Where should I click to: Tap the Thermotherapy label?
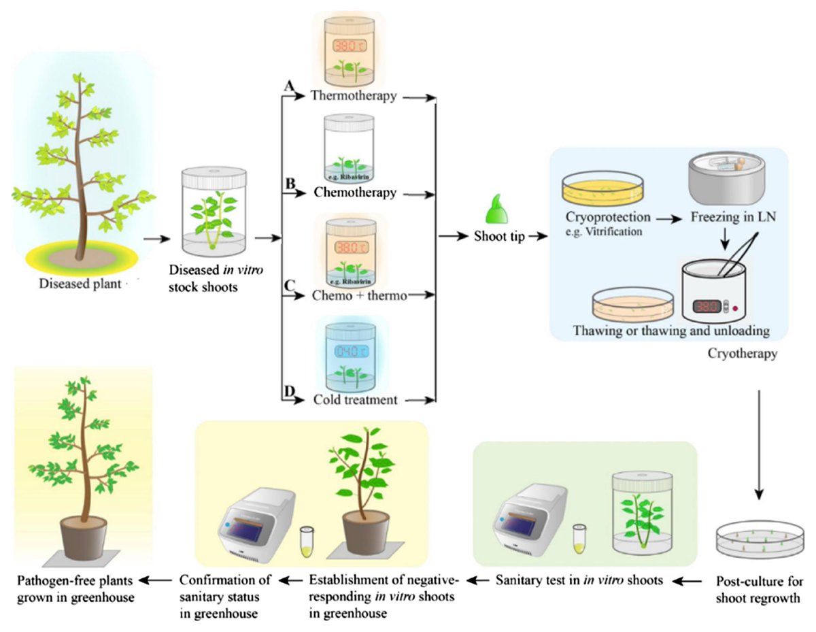tap(354, 96)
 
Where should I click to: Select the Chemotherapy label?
tap(355, 193)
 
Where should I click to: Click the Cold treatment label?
tap(354, 399)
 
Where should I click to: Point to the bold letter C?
tap(289, 284)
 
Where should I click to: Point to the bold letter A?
tap(289, 86)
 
